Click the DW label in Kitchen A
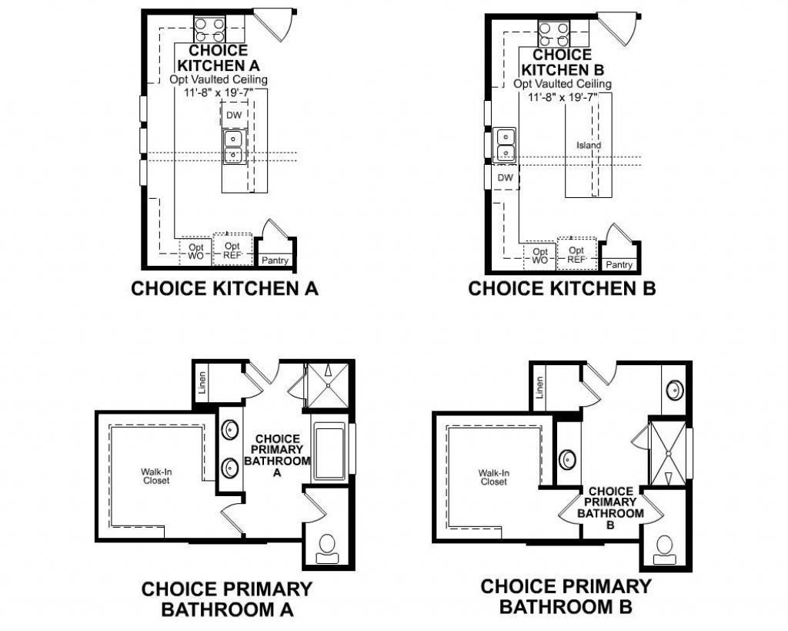[234, 115]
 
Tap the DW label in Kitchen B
[505, 178]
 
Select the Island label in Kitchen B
[589, 145]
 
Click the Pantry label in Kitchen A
[275, 260]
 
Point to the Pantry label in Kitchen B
[619, 264]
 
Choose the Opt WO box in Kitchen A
[195, 250]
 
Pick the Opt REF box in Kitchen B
[576, 255]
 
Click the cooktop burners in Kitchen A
[209, 29]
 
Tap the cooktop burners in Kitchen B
[553, 32]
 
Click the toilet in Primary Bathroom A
[326, 545]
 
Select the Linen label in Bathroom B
[541, 388]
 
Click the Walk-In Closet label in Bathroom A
[155, 476]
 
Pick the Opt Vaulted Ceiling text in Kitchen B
[563, 84]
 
